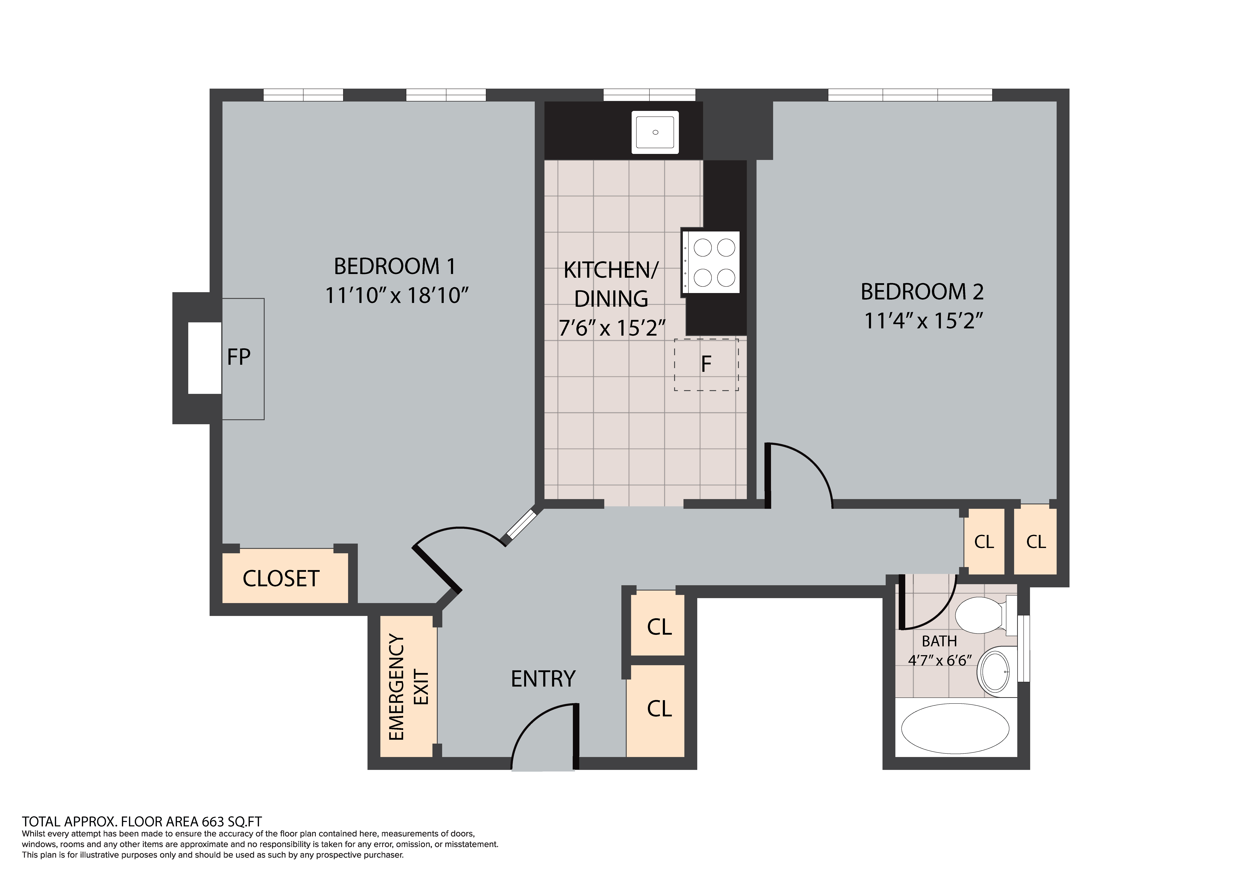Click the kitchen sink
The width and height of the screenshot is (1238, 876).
[655, 132]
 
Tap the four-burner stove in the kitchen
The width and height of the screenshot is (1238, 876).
[711, 262]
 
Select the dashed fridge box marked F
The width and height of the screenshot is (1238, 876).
[706, 365]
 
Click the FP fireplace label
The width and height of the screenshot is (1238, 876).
[239, 357]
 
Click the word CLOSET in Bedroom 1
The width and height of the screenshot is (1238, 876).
[281, 579]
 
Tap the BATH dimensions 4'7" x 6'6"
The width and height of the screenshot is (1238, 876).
[940, 660]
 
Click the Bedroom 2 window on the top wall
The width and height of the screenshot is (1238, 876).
[910, 95]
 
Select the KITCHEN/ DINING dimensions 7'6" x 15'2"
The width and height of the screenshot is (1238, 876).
[612, 328]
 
